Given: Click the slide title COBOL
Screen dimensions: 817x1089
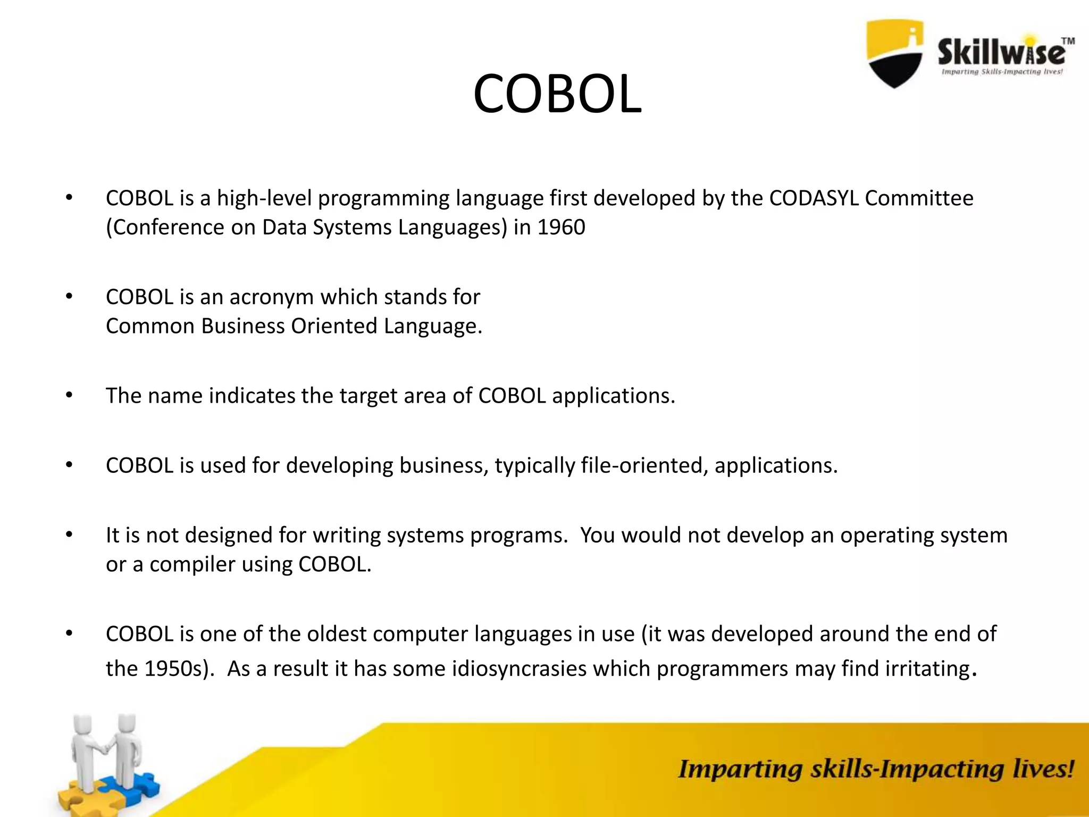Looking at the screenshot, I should (557, 94).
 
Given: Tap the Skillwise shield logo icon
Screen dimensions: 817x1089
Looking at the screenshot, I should (894, 53).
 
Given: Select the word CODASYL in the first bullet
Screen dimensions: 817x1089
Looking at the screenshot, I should (814, 198).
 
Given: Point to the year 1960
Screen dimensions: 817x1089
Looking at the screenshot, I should (561, 228).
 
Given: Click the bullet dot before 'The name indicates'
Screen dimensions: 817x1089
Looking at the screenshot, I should (69, 395).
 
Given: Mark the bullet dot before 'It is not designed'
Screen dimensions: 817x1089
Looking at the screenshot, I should (69, 535).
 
